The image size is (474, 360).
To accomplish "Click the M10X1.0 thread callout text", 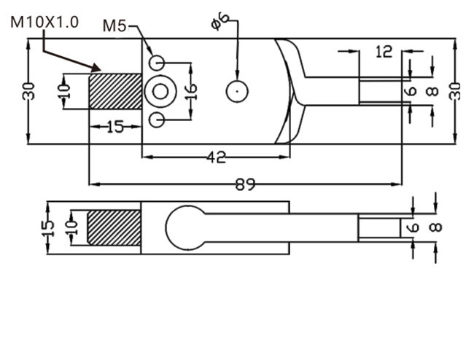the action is click(x=44, y=23).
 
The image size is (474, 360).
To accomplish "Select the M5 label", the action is click(x=114, y=26).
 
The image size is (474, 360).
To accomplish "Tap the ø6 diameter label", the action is click(x=219, y=21).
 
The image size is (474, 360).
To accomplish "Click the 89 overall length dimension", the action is click(x=245, y=184).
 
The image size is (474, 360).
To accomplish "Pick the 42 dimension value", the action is click(x=216, y=157).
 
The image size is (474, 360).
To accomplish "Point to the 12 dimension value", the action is click(x=384, y=52).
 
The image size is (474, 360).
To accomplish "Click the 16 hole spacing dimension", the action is click(x=192, y=92).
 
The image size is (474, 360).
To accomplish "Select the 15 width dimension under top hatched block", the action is click(x=115, y=127).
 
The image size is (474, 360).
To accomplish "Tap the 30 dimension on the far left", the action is click(x=28, y=91).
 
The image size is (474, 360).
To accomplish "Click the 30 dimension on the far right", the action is click(x=456, y=91).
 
